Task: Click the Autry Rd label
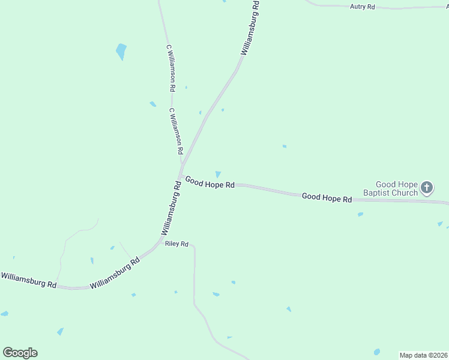tap(362, 7)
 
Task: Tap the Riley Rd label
tap(177, 244)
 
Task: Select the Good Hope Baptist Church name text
tap(396, 188)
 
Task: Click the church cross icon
tap(427, 188)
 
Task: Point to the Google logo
tap(20, 353)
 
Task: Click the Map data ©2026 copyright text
tap(423, 355)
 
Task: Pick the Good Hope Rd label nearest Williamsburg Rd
tap(209, 182)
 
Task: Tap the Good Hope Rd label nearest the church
tap(327, 197)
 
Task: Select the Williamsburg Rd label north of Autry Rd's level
tap(250, 28)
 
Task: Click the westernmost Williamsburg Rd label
tap(28, 279)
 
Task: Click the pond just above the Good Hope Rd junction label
tap(218, 174)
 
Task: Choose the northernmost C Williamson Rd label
tap(171, 67)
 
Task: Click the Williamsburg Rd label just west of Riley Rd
tap(115, 273)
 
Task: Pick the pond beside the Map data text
tap(377, 352)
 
